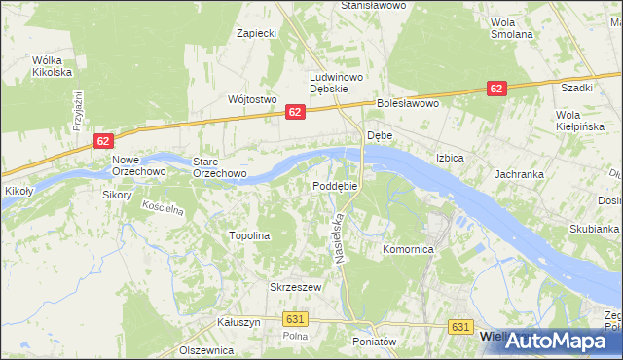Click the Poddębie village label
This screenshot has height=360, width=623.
[336, 185]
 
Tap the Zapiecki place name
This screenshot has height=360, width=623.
[258, 33]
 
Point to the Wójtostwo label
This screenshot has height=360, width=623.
[252, 99]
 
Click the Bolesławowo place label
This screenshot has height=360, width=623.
[410, 102]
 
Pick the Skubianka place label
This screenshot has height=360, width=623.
[594, 229]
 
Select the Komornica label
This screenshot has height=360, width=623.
[407, 249]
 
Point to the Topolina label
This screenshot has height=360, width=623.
[248, 235]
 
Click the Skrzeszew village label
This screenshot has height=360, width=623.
[295, 287]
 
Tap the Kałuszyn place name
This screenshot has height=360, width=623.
[238, 322]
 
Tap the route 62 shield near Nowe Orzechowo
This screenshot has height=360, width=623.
[104, 141]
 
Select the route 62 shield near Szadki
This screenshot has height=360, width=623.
[496, 89]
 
